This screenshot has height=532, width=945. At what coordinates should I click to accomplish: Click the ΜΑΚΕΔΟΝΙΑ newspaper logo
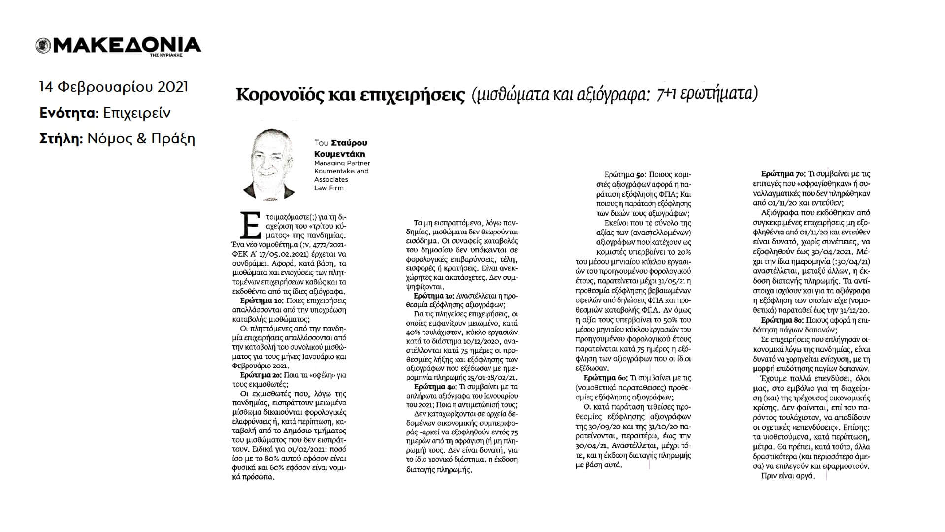pos(118,45)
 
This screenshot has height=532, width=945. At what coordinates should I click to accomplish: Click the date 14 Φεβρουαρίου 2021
pos(113,87)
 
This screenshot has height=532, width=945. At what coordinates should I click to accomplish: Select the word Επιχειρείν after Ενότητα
pos(137,113)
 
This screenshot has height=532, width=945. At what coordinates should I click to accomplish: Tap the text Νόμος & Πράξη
pos(141,139)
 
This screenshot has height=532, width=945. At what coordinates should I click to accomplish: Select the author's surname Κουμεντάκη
pos(340,154)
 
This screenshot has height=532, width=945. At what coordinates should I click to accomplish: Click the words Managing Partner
pos(342,163)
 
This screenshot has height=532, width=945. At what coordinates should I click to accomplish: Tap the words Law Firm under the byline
pos(329,188)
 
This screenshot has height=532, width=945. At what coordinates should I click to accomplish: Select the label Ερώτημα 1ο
pos(262,300)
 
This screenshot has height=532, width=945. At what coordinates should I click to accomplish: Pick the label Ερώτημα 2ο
pos(262,375)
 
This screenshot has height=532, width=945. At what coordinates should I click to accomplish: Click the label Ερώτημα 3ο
pos(434,296)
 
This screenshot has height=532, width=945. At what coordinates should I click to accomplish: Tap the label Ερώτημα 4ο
pos(434,387)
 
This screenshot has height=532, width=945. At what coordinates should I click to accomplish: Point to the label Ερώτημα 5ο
pos(624,174)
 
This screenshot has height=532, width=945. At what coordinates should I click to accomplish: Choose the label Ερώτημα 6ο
pos(605,378)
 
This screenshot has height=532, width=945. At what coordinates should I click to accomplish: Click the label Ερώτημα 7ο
pos(783,174)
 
